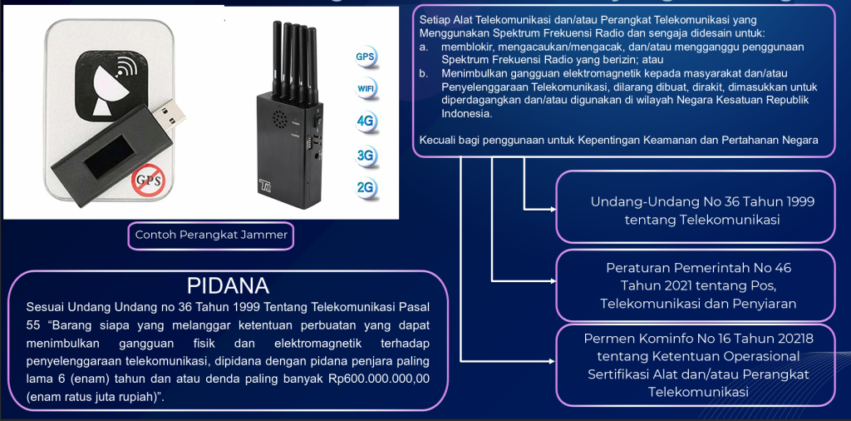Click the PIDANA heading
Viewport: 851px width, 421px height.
pyautogui.click(x=228, y=285)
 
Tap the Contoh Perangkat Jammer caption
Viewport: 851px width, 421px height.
pyautogui.click(x=211, y=235)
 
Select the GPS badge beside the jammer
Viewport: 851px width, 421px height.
pyautogui.click(x=366, y=57)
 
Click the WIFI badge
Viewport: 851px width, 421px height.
pyautogui.click(x=366, y=89)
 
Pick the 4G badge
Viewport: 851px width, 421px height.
pyautogui.click(x=366, y=121)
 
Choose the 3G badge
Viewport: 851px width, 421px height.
pyautogui.click(x=366, y=155)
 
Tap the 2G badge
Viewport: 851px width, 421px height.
pyautogui.click(x=366, y=188)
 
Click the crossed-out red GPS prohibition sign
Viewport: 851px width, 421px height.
pyautogui.click(x=148, y=180)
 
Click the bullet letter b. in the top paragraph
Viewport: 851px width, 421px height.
pyautogui.click(x=424, y=74)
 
